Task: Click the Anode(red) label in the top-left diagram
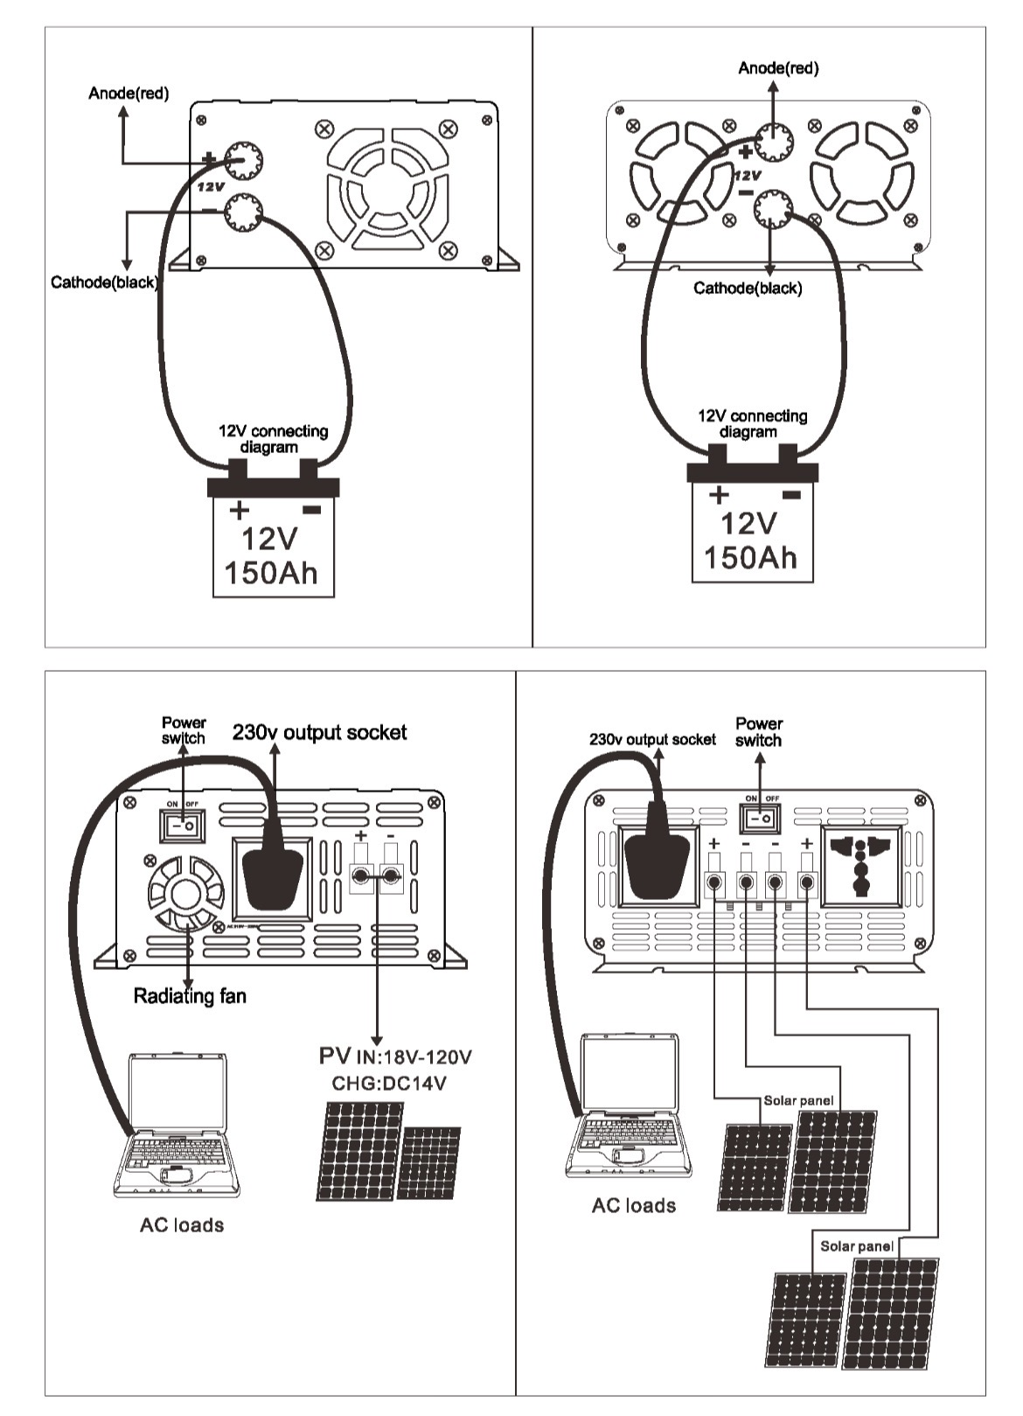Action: [x=129, y=94]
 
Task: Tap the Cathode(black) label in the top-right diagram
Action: [x=747, y=289]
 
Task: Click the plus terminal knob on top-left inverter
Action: [x=243, y=159]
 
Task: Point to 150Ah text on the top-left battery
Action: [x=271, y=573]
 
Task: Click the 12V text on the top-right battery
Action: [x=748, y=523]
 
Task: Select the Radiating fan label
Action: [x=190, y=996]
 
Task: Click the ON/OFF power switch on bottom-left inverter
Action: [x=182, y=824]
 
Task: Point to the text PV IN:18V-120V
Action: [x=395, y=1057]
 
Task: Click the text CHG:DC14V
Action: [x=388, y=1084]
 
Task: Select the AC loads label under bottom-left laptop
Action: [x=182, y=1224]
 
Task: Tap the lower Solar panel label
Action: [x=856, y=1245]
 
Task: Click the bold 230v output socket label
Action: [x=319, y=733]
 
